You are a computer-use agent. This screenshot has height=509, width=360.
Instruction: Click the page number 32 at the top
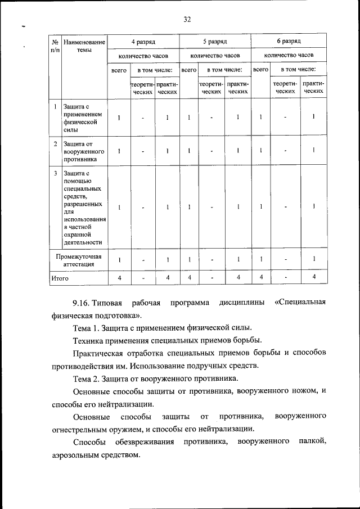187,19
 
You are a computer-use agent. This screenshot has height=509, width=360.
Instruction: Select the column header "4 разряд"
143,42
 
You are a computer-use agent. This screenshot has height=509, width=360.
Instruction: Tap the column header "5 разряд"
215,42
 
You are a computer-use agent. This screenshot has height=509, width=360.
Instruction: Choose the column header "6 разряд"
289,42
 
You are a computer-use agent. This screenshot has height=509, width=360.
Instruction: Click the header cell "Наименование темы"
84,46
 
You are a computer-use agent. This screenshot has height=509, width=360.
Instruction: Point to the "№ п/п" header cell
55,46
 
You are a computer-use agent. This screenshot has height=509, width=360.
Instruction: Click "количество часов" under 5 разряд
215,56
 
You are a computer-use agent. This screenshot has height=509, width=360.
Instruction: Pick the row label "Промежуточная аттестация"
78,259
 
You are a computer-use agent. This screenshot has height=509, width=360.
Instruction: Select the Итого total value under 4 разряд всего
119,278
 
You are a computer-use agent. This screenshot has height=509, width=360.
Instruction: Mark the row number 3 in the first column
55,174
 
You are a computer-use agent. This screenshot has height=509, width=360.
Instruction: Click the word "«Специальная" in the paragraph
301,304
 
